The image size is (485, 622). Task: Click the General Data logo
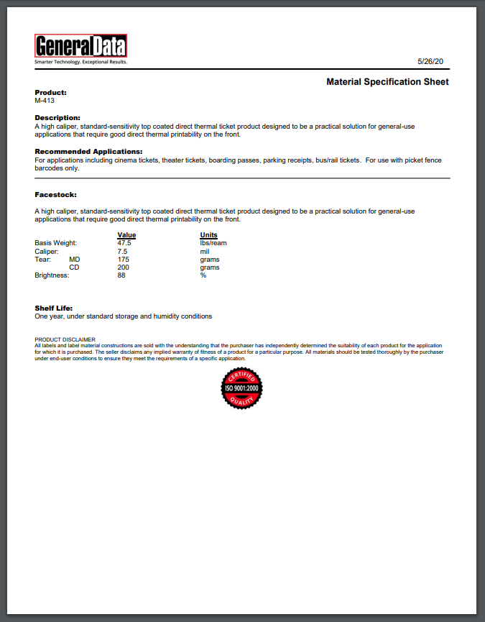coord(81,47)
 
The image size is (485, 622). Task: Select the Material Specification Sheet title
coord(387,82)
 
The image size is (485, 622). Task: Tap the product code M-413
coord(45,101)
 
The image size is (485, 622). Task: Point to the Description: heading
coord(57,117)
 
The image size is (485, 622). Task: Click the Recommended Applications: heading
coord(88,152)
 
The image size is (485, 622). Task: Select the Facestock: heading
coord(55,195)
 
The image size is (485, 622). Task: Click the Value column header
coord(126,235)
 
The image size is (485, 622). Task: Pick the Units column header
coord(208,235)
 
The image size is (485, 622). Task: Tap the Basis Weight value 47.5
coord(124,243)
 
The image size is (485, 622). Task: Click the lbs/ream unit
coord(213,243)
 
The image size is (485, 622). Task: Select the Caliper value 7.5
coord(122,252)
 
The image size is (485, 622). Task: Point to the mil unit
coord(204,252)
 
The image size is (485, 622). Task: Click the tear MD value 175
coord(123,260)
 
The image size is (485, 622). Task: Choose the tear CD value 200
coord(123,267)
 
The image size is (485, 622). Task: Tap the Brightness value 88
coord(121,275)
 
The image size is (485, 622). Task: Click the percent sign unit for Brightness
coord(203,275)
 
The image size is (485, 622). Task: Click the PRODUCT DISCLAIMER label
coord(65,339)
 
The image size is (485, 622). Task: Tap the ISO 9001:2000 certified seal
coord(241,389)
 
